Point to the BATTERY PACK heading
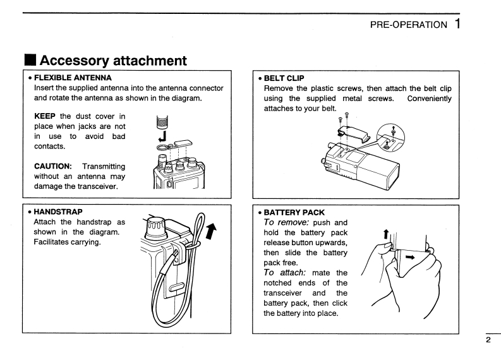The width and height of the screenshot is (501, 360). [295, 212]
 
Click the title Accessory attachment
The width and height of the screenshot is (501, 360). [113, 61]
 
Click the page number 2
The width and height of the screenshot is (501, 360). [488, 340]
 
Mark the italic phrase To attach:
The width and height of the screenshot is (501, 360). [284, 272]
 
